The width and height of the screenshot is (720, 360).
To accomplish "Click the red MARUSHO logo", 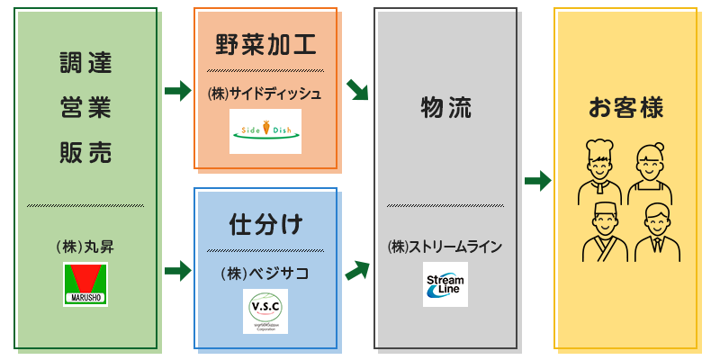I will coord(85,283).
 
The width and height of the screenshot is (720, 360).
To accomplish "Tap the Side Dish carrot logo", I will coord(265,131).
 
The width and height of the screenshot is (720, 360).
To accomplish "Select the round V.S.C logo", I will coord(265,310).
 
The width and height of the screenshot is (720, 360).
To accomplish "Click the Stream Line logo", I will coord(445,284).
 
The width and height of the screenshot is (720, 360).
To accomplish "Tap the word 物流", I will coord(446,108).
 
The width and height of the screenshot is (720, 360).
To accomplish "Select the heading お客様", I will coord(626,108).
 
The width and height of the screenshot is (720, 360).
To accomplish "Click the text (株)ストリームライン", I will coord(445,246).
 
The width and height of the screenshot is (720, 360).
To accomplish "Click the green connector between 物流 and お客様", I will coord(537,180).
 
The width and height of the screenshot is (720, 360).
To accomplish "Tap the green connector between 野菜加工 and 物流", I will coord(357,89).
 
